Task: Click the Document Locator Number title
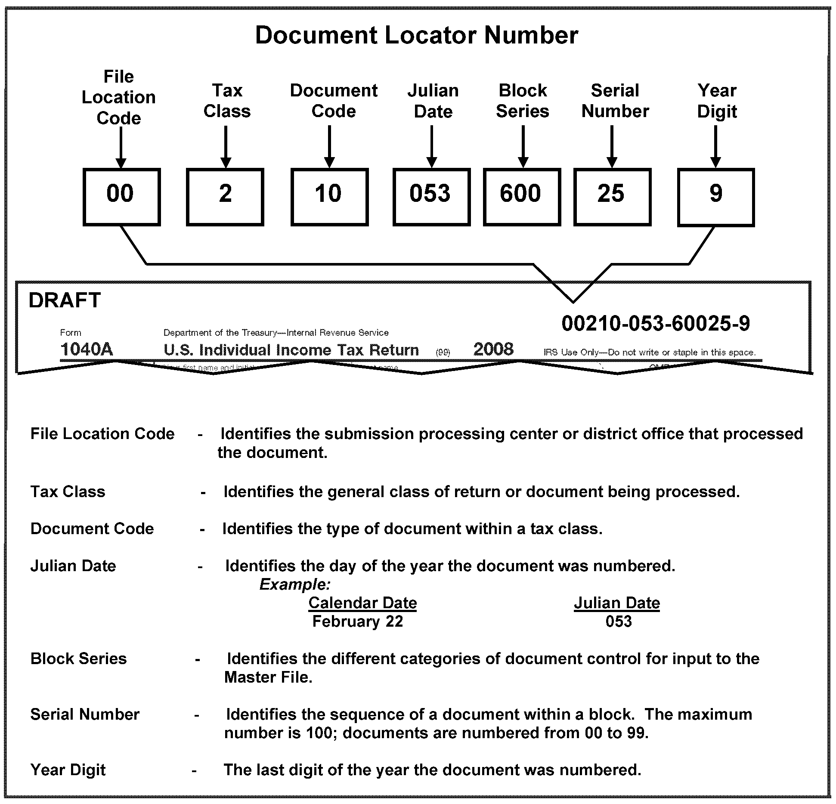416,35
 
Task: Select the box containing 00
121,197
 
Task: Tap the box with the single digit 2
225,197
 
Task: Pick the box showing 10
329,197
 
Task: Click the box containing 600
522,197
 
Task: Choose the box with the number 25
612,197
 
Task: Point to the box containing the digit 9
715,197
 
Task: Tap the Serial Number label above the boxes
615,101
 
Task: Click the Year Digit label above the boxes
717,101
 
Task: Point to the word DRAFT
65,300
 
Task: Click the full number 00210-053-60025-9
655,324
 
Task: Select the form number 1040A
87,349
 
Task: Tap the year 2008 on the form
493,349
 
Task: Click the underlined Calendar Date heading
362,603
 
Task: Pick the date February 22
357,622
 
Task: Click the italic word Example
295,584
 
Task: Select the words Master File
268,677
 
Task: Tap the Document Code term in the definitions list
92,529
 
